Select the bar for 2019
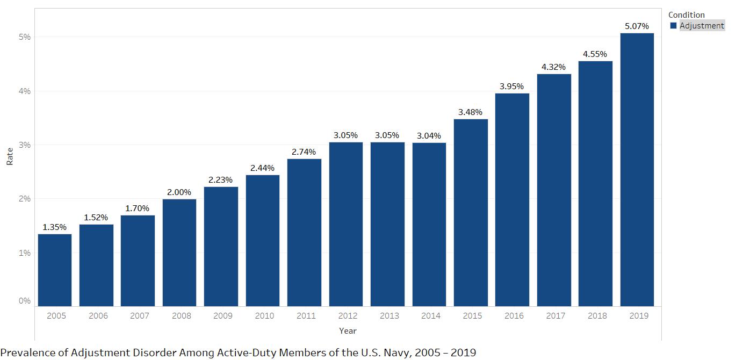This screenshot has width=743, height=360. coord(637,170)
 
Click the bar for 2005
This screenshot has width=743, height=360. coord(54,270)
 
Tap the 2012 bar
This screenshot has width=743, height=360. coord(345,224)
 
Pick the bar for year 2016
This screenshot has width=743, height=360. coord(512,200)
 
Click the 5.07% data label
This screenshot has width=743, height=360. coord(637,26)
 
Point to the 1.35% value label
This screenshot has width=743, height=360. coord(54,227)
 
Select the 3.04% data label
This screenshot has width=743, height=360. coord(429,135)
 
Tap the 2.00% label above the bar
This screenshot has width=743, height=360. coord(179,192)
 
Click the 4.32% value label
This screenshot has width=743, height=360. coord(553,67)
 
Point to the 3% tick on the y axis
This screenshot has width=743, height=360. coord(25,145)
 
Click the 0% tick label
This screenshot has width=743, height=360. coord(25,301)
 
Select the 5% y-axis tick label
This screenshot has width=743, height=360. coord(25,37)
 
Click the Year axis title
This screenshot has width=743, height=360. coord(348,331)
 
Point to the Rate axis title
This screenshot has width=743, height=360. coord(10,156)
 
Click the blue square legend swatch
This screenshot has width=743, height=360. coord(673,26)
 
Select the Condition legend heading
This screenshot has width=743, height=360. coord(686,15)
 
